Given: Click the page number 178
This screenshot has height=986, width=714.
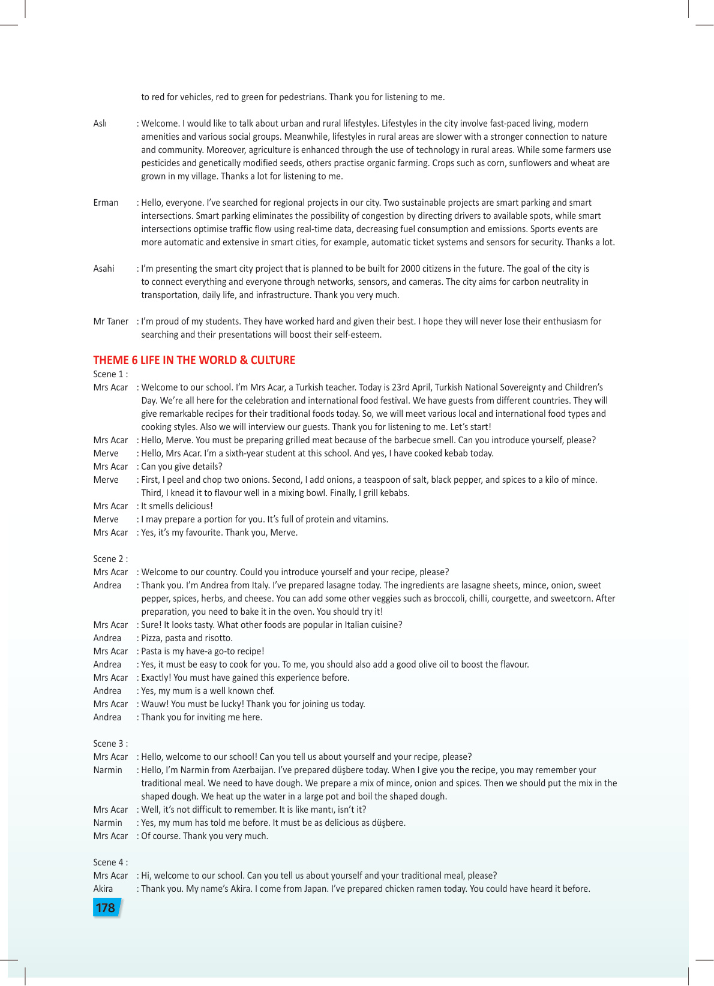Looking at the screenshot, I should [106, 908].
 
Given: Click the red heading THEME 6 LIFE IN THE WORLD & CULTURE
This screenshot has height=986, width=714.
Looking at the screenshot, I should [194, 360].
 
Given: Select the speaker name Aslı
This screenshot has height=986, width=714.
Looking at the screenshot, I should [100, 124].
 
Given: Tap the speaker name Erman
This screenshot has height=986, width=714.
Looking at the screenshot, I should [106, 203].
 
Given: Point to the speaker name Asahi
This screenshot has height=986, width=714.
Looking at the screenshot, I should [104, 269].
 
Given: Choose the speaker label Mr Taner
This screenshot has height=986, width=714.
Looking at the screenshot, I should [111, 321].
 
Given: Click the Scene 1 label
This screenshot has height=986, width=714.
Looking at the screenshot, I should [110, 374].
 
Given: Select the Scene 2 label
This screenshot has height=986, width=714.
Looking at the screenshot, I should [110, 559].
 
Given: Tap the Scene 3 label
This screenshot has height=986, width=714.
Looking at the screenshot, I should [110, 744].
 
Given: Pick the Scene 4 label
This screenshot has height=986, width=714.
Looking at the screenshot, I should [110, 862].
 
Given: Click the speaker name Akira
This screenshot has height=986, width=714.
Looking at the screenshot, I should [103, 889].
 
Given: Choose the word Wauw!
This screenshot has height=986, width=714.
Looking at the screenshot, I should [155, 704].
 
